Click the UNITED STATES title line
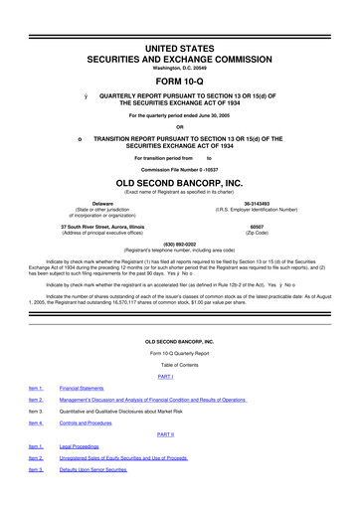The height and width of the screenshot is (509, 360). coord(179,48)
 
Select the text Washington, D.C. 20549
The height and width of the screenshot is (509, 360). coord(179,70)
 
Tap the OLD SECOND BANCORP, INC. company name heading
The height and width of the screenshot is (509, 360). coord(179,184)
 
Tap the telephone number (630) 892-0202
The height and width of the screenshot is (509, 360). coord(179,245)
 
